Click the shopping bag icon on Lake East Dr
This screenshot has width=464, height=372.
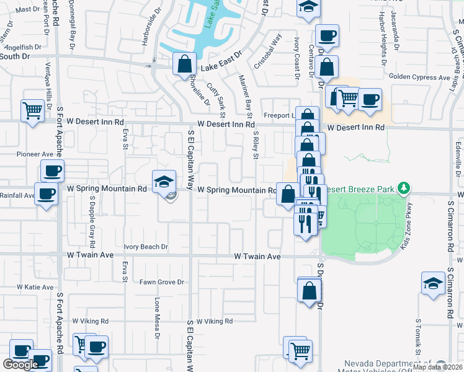(184, 64)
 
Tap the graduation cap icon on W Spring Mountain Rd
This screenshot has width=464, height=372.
(164, 181)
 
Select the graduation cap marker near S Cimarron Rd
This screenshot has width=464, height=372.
(433, 283)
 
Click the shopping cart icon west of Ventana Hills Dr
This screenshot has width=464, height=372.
(32, 111)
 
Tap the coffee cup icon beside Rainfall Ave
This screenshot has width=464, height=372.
(46, 194)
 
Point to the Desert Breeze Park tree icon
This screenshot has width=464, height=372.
(403, 187)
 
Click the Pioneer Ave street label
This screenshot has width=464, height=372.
(35, 154)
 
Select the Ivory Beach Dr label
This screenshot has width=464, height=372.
(146, 247)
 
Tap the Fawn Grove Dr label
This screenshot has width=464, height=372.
(162, 282)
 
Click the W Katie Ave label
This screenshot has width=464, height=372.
(35, 287)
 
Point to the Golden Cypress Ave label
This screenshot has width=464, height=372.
(419, 77)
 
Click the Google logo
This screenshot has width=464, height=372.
(20, 365)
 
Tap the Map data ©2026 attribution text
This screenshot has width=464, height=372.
(437, 367)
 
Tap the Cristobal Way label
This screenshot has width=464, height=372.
(269, 51)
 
